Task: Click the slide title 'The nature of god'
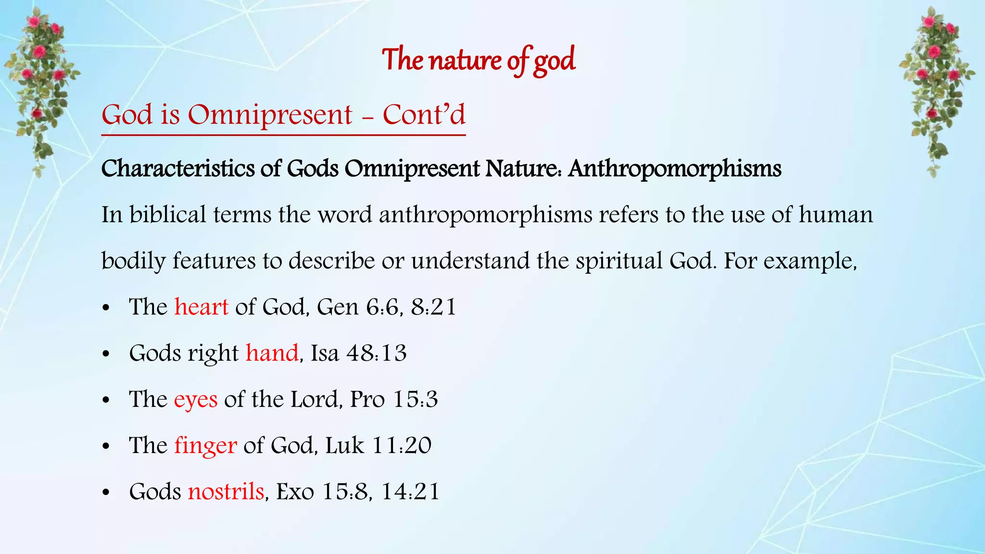coord(479,60)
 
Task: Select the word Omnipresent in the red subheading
coord(270,115)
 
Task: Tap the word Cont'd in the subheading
coord(424,115)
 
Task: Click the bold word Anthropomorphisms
coord(674,169)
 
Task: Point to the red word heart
coord(201,307)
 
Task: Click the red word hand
coord(272,353)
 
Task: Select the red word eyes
coord(195,399)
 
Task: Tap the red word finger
coord(205,445)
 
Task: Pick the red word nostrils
coord(226,491)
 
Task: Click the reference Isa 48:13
coord(359,353)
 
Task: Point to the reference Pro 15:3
coord(394,399)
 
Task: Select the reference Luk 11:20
coord(378,445)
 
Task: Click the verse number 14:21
coord(410,491)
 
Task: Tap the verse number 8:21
coord(433,307)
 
